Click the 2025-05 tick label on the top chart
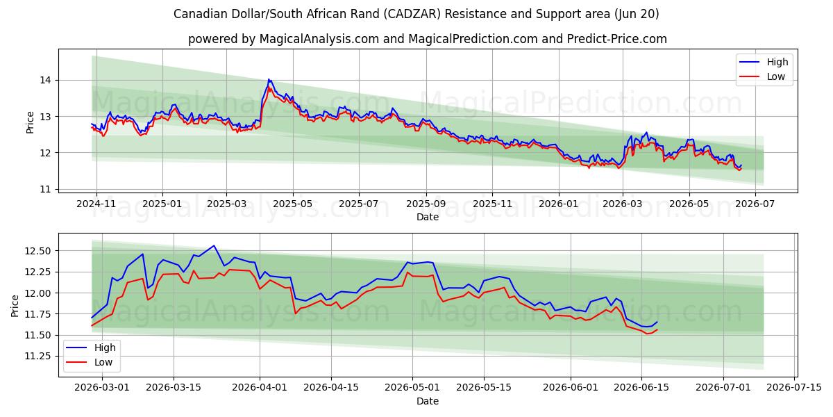pos(293,204)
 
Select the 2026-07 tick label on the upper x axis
pos(755,204)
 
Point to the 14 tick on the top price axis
pos(45,81)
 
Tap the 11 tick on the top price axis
pos(45,189)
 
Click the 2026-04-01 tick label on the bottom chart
pos(260,387)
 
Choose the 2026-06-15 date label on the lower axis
pos(641,387)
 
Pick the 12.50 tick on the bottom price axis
pos(37,251)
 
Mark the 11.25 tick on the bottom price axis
pos(37,357)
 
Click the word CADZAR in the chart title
pos(412,14)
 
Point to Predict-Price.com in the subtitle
pos(617,39)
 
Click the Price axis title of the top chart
pos(30,122)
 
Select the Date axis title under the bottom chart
pos(428,401)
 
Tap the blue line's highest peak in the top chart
pos(269,79)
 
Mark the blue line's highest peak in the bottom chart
pos(214,246)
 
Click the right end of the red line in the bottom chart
pos(657,329)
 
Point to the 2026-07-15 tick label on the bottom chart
pos(794,387)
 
